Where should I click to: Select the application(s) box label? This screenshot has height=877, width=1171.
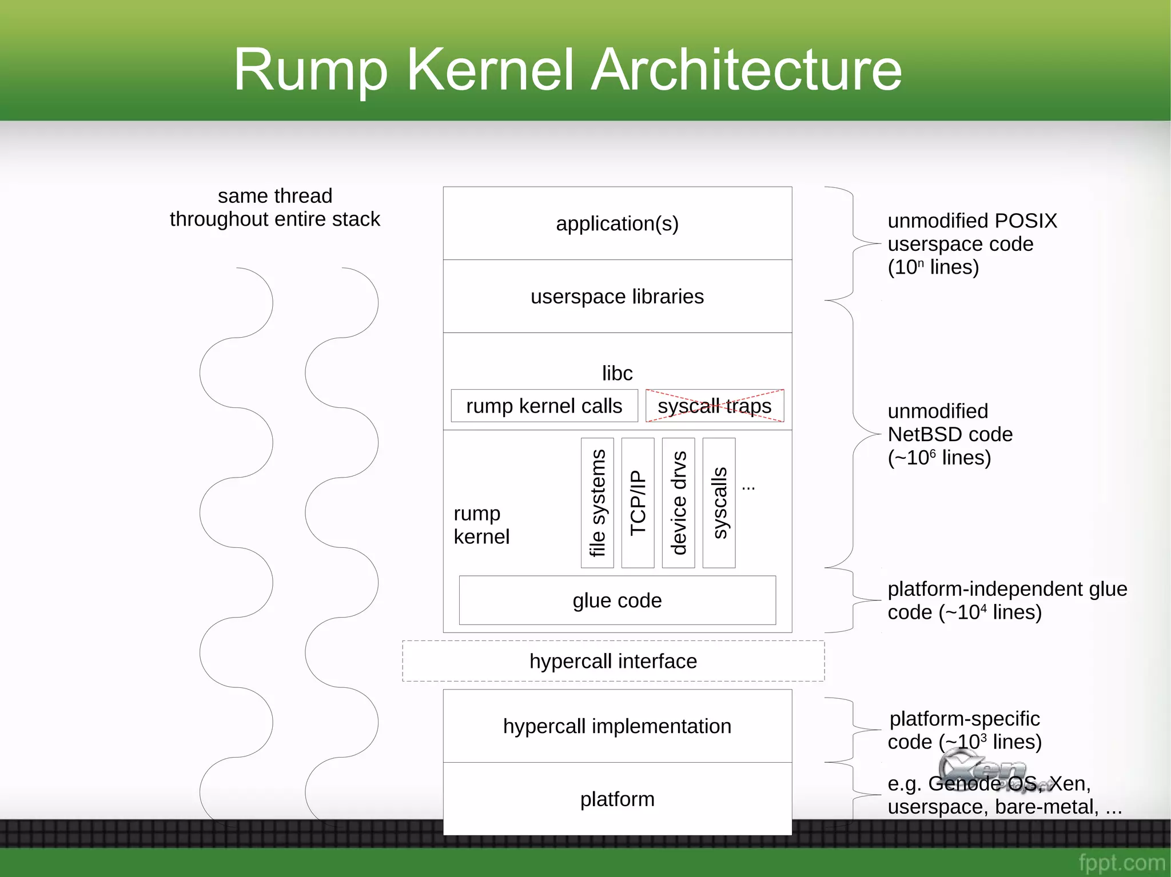tap(617, 223)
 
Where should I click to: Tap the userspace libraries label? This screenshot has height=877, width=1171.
tap(617, 297)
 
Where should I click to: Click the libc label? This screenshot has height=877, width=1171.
tap(617, 373)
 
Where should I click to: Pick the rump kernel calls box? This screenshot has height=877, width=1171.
tap(544, 406)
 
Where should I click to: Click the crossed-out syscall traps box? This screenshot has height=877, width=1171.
tap(714, 406)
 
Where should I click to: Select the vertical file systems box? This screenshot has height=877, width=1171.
tap(597, 503)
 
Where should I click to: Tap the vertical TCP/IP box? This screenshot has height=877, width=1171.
tap(638, 503)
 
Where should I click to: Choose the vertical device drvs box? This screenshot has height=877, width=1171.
tap(678, 503)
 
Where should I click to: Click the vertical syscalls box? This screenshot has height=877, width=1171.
tap(719, 503)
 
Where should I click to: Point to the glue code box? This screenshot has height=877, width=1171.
tap(617, 600)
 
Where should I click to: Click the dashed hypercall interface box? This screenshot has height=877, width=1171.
tap(613, 661)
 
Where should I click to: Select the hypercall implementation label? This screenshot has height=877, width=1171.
tap(617, 726)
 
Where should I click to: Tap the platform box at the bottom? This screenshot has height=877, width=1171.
tap(617, 799)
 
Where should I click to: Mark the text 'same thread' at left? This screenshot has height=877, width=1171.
tap(275, 196)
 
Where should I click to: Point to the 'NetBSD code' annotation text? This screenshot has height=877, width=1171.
tap(950, 434)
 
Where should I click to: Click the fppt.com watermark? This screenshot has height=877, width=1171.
tap(1121, 862)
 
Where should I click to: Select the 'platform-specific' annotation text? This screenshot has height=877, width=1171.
tap(964, 718)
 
